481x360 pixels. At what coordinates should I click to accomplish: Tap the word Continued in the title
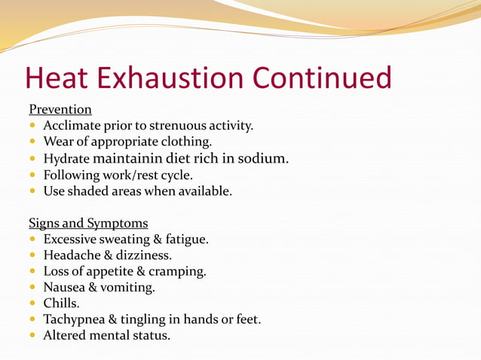coord(322,79)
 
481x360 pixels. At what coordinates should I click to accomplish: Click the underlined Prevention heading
coord(60,109)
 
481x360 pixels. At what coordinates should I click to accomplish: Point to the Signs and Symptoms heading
coord(88,223)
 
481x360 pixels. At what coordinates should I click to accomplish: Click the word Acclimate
coord(70,125)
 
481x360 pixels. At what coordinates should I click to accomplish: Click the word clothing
coord(185,142)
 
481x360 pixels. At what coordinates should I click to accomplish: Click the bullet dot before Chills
coord(33,304)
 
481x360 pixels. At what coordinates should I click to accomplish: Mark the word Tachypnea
coord(75,320)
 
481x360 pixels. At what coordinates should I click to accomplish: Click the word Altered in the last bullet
coord(65,336)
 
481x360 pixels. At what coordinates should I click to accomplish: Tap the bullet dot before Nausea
coord(33,288)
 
